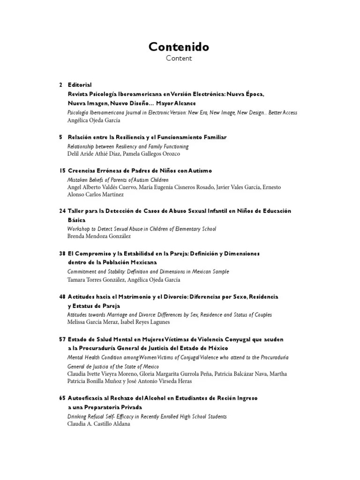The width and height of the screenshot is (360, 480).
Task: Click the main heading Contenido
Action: [x=179, y=47]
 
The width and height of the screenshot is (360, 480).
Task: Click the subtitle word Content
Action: [x=179, y=59]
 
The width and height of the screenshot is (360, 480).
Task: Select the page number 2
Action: [x=61, y=85]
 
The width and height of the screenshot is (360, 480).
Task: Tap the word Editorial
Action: [x=80, y=85]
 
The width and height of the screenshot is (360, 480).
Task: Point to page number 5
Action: [x=61, y=137]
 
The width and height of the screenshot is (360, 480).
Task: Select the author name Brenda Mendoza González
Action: [x=99, y=236]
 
